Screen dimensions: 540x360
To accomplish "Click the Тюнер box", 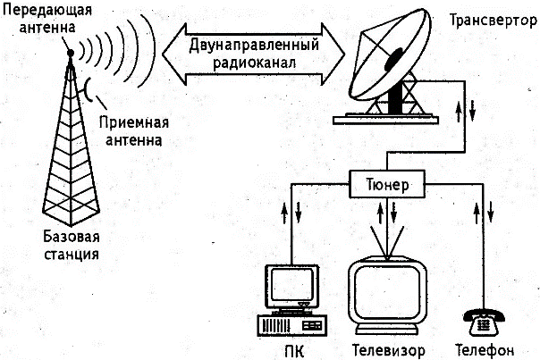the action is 387,184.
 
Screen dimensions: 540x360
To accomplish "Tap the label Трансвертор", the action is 494,21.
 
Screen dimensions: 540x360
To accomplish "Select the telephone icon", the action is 484,322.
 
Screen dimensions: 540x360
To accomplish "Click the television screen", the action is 387,292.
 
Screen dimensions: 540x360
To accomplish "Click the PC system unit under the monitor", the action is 291,325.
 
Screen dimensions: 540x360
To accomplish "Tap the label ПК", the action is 294,352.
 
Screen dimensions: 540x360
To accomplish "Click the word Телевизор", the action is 388,351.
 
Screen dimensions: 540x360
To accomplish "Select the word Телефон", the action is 485,350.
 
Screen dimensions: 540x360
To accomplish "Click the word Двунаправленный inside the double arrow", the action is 254,46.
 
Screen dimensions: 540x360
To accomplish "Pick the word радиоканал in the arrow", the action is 255,63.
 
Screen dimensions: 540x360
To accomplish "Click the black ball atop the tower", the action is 71,53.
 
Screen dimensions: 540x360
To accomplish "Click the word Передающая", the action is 47,10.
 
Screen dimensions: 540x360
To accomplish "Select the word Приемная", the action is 134,122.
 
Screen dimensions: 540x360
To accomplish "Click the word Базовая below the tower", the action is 72,237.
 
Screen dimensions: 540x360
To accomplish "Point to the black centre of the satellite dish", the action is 393,59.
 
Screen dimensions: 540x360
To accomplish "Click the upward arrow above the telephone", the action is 477,213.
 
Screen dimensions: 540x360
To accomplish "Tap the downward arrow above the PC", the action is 298,213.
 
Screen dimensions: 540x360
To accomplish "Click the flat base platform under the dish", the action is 385,120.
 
